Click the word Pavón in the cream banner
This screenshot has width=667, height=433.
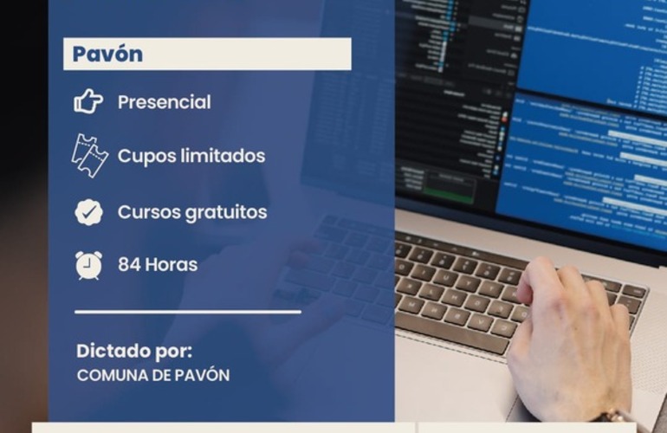pos(107,54)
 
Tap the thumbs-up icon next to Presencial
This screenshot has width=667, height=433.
pos(88,102)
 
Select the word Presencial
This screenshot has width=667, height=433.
pos(164,102)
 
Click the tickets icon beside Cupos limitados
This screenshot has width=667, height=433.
pos(88,157)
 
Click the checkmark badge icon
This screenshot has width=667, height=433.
pos(88,212)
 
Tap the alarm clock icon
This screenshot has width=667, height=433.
pos(88,265)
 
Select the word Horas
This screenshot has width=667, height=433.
pos(172,265)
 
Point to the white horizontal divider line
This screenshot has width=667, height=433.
pos(188,311)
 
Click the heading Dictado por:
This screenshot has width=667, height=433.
pos(134,352)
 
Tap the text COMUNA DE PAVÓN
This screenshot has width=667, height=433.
pos(153,376)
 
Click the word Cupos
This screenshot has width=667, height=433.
pos(143,157)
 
